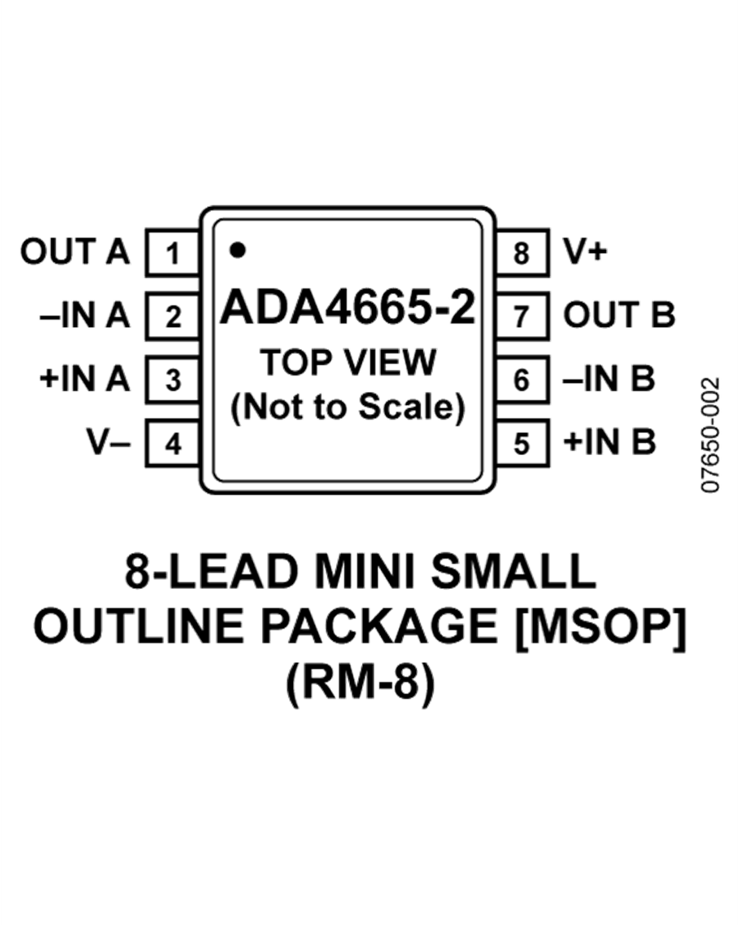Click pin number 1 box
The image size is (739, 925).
coord(172,253)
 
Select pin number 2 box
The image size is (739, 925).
coord(172,316)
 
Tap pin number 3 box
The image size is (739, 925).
coord(172,380)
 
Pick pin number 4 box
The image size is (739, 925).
coord(172,444)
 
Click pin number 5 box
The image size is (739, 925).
coord(521,444)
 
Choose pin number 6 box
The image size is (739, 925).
coord(521,380)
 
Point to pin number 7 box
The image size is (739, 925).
coord(521,316)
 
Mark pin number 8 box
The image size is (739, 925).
coord(521,253)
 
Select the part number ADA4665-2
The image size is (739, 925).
coord(349,310)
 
